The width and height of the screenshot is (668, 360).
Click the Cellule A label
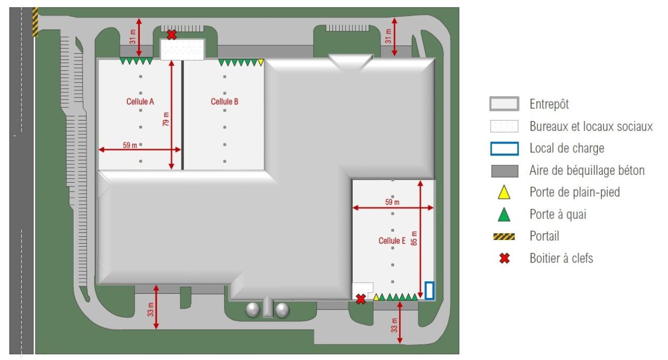[x=140, y=102]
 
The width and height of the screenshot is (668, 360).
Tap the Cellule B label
[x=224, y=102]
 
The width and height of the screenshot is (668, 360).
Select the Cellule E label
[x=392, y=241]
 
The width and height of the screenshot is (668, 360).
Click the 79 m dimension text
[x=166, y=119]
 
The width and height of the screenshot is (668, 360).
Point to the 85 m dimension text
[x=414, y=238]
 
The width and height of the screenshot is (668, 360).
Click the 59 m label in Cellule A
[x=130, y=145]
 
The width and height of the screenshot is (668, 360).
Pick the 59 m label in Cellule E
[x=392, y=202]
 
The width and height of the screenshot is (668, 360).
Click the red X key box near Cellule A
[x=172, y=35]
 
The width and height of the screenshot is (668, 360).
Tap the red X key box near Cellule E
[x=361, y=299]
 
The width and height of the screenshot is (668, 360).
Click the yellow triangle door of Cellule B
[x=260, y=62]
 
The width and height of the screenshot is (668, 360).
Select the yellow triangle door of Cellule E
[x=376, y=297]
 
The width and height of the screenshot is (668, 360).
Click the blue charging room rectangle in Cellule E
[x=429, y=291]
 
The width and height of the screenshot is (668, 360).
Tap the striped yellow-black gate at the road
[x=35, y=22]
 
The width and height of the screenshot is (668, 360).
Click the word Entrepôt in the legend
[x=549, y=104]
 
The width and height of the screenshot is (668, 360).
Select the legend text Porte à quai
[x=558, y=214]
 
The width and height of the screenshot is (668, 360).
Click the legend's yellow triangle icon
[x=504, y=193]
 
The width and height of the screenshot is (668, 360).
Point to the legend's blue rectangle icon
[x=504, y=148]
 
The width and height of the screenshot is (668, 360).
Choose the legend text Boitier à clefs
[x=561, y=258]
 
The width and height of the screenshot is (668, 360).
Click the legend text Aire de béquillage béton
[x=587, y=171]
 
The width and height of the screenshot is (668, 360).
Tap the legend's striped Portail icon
[x=504, y=237]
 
